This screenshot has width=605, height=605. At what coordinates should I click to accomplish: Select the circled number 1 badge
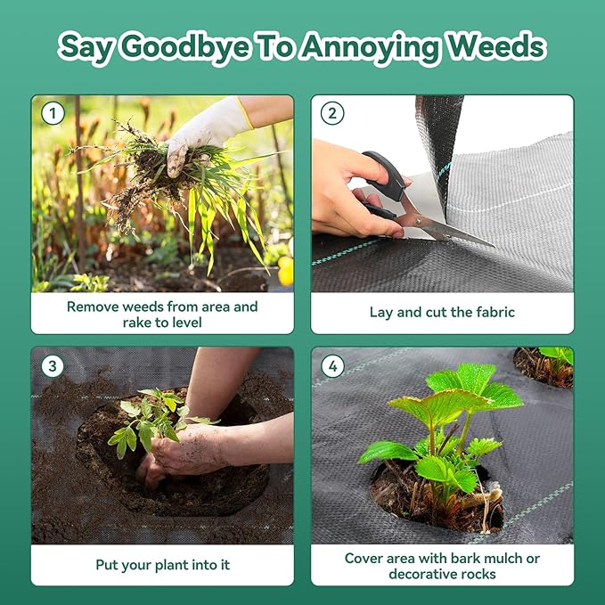tap(53, 113)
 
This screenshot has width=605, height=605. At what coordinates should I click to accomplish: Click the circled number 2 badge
tap(332, 113)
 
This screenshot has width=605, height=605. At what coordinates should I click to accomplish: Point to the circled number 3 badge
tap(53, 366)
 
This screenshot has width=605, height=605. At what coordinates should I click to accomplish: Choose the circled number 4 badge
tap(332, 366)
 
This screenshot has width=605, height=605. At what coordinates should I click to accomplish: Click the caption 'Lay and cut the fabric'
tap(442, 312)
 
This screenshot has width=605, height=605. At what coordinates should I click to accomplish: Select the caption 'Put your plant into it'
tap(162, 565)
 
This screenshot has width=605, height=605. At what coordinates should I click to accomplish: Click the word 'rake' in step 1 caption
tap(137, 323)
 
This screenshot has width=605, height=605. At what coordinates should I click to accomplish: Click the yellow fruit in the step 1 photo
tap(285, 271)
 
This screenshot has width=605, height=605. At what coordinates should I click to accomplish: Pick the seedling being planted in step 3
tap(154, 421)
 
